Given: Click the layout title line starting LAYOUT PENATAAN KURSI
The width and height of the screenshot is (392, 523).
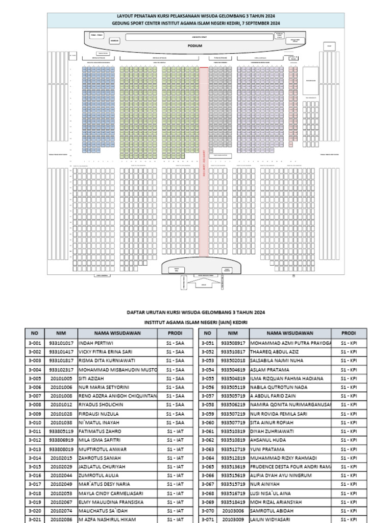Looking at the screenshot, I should point(195,16).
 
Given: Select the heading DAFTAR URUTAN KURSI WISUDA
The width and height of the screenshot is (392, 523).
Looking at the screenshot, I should point(196,312).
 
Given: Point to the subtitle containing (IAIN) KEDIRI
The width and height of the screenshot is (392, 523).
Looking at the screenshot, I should point(196,323).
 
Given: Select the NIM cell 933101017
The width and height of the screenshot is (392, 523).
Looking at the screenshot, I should point(61,343).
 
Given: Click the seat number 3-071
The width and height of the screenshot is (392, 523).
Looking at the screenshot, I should point(209,519).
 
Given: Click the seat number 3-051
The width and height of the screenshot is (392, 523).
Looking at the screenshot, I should point(209,343).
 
